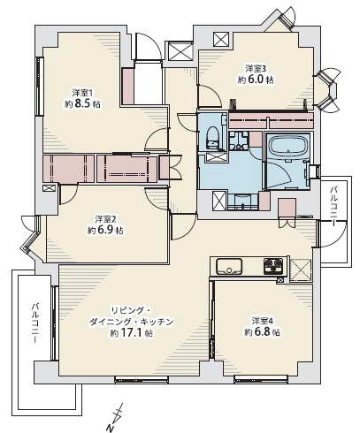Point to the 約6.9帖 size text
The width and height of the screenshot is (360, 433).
click(105, 230)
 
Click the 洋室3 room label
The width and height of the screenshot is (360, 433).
click(256, 67)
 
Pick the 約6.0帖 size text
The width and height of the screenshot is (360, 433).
click(256, 79)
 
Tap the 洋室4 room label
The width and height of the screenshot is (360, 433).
click(262, 320)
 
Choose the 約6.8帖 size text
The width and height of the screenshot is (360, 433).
click(262, 332)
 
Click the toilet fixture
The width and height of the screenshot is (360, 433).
click(213, 136)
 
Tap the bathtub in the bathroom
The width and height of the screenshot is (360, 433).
click(286, 148)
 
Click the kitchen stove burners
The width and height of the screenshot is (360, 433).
click(272, 265)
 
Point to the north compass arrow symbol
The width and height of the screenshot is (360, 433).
click(116, 413)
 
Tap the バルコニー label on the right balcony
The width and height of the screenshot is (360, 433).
click(334, 204)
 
